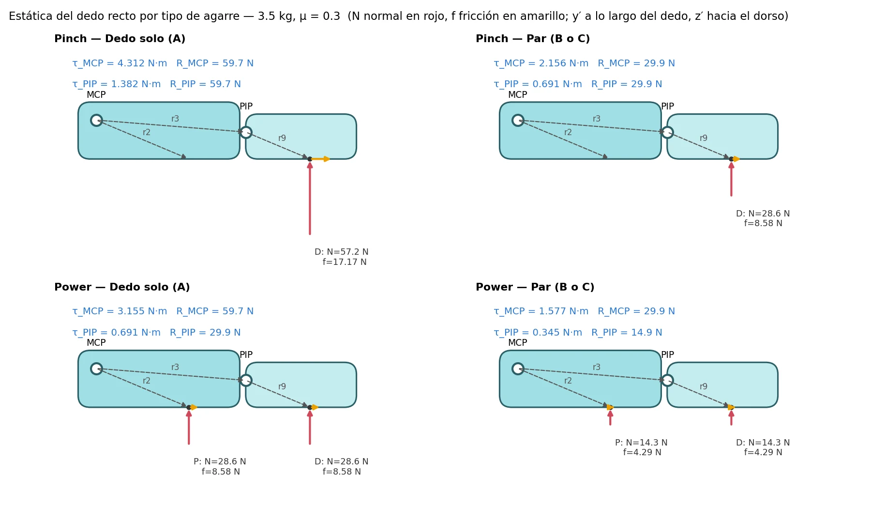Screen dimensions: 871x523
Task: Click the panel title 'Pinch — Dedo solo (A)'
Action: click(120, 39)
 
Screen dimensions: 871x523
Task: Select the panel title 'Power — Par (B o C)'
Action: click(535, 287)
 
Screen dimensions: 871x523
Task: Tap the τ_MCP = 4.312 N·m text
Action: click(120, 63)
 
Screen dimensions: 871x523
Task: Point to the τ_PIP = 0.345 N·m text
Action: click(538, 333)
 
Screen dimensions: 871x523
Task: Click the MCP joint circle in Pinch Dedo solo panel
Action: click(96, 120)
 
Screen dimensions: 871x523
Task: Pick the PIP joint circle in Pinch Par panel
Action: click(667, 132)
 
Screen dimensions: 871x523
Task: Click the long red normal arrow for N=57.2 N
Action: click(310, 199)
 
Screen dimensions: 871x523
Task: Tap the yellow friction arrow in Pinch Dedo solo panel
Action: click(320, 159)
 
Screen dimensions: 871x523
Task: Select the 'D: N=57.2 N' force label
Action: click(342, 252)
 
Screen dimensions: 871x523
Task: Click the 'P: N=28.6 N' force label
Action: click(220, 461)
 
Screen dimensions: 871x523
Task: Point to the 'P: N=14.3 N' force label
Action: click(641, 443)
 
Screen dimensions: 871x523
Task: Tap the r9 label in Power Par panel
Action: click(704, 386)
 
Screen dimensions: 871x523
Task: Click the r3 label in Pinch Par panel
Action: click(597, 119)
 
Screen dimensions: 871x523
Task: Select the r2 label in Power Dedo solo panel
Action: click(147, 381)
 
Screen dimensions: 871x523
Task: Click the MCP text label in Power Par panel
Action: click(518, 343)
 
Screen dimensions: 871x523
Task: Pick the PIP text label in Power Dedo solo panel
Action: click(246, 355)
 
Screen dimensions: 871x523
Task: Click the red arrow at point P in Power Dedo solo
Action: click(189, 427)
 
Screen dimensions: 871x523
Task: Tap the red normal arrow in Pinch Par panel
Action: click(731, 179)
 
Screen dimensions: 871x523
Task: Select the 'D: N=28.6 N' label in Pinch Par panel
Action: click(763, 214)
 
